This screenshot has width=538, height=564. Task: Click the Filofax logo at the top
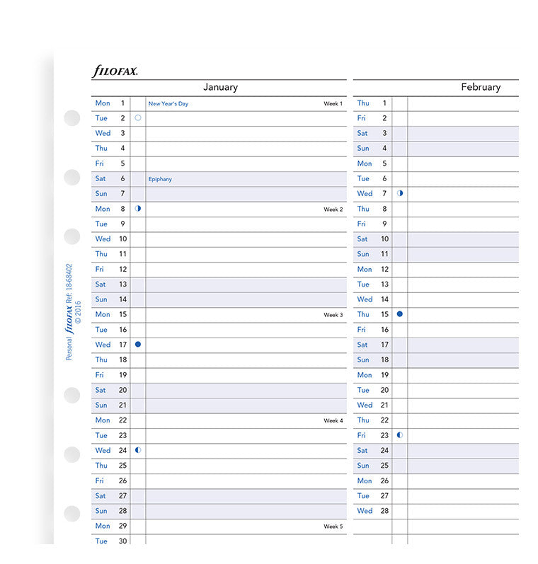tap(115, 71)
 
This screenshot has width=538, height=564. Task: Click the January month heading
tap(220, 87)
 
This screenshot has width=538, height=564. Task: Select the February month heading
tap(480, 87)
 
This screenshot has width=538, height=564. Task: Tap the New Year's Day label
tap(168, 104)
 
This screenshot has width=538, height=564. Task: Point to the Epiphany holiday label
tap(160, 179)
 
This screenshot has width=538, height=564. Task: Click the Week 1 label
tap(333, 104)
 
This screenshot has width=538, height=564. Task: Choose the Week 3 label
tap(333, 315)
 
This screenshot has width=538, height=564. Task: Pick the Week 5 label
tap(333, 526)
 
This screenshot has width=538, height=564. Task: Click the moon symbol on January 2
tap(138, 118)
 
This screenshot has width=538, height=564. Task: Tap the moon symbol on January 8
tap(138, 209)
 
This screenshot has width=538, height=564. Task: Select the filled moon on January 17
tap(138, 344)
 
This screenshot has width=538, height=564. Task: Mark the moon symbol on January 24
tap(138, 449)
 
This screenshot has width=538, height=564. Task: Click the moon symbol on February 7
tap(400, 193)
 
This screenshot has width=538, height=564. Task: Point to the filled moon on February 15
tap(400, 313)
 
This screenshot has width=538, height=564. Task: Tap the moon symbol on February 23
tap(400, 434)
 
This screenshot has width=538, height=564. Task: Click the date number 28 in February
tap(384, 510)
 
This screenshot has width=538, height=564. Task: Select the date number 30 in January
tap(122, 541)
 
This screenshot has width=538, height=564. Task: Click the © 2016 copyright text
tap(78, 311)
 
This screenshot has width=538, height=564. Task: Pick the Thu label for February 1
tap(363, 103)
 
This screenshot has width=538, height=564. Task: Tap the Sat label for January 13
tap(101, 284)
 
